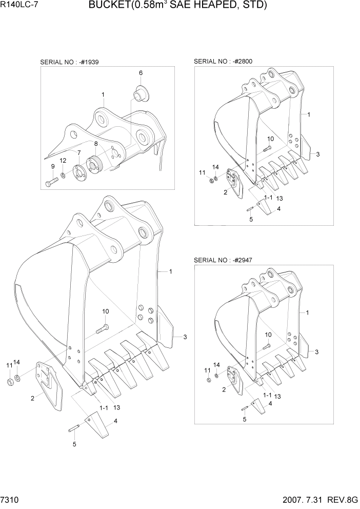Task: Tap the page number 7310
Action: pos(12,500)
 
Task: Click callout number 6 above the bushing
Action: pos(141,73)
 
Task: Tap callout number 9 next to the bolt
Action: pos(52,166)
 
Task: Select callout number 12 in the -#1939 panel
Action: pos(63,161)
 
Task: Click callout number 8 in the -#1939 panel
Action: pos(95,144)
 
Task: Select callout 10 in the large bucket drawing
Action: pos(105,311)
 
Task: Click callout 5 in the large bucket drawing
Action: pos(74,444)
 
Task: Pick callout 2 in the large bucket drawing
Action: pos(32,398)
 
